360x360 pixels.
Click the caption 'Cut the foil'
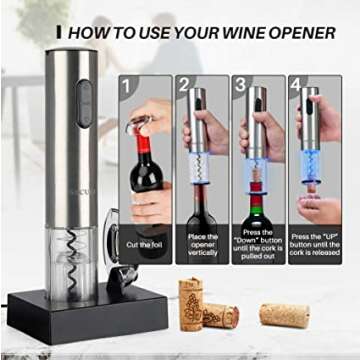pyautogui.click(x=147, y=245)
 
